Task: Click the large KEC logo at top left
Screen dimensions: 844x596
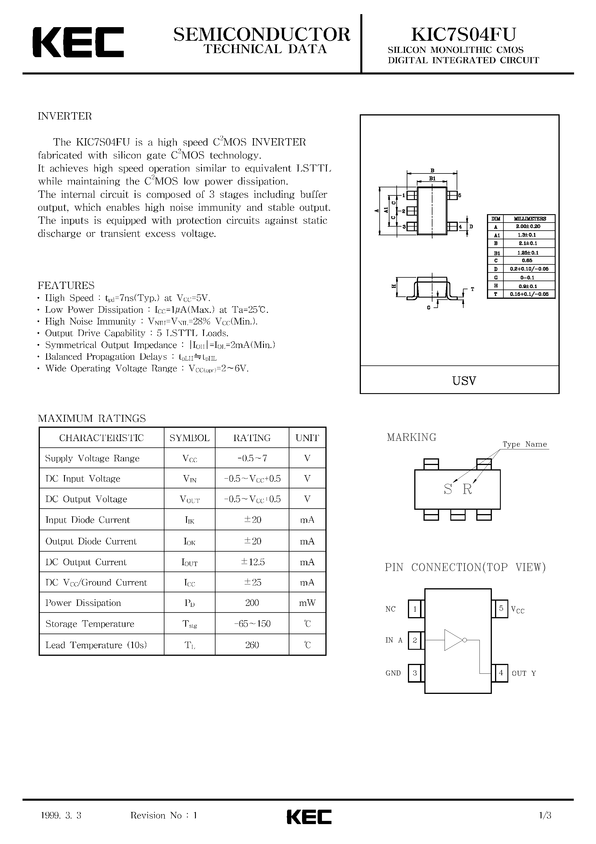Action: pyautogui.click(x=78, y=42)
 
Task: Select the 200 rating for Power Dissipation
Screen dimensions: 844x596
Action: pyautogui.click(x=252, y=603)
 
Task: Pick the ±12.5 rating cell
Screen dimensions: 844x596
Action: pyautogui.click(x=252, y=562)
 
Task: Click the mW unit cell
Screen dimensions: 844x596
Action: pyautogui.click(x=307, y=603)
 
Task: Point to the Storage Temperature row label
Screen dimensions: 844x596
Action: pyautogui.click(x=90, y=624)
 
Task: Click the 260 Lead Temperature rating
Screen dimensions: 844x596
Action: pyautogui.click(x=252, y=645)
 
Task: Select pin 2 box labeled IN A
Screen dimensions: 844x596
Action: pyautogui.click(x=415, y=640)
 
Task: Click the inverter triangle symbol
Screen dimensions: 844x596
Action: pyautogui.click(x=453, y=640)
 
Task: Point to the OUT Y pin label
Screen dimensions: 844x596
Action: pyautogui.click(x=524, y=673)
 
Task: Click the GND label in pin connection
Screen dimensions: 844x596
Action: pyautogui.click(x=393, y=673)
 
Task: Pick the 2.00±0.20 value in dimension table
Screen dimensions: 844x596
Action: pyautogui.click(x=529, y=226)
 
